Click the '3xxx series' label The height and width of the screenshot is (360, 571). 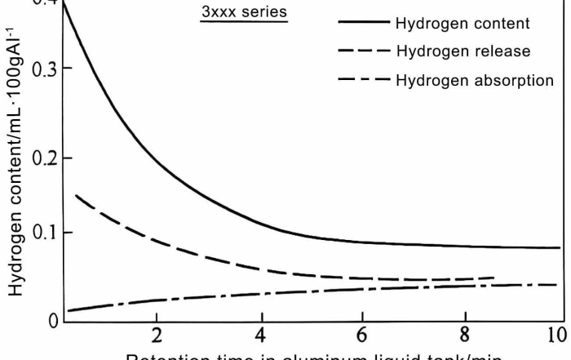(245, 12)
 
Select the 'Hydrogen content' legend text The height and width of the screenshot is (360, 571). (462, 23)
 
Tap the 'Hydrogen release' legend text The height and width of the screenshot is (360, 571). (463, 51)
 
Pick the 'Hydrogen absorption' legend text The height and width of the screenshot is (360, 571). (474, 80)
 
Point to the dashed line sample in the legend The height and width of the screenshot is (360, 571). (363, 51)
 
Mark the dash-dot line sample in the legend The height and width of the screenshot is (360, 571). (363, 80)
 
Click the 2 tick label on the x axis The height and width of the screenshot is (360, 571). (157, 336)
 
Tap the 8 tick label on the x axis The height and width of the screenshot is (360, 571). (464, 336)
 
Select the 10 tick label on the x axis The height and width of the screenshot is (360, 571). (557, 336)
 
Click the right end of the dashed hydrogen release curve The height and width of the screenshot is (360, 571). (494, 278)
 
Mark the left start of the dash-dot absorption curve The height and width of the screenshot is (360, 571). (69, 310)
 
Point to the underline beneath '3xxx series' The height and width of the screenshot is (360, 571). (245, 22)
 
